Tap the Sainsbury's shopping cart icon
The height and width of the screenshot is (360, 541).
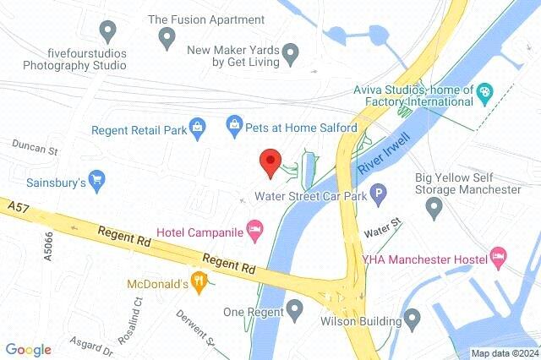(x=97, y=179)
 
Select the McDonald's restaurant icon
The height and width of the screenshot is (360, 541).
(x=199, y=281)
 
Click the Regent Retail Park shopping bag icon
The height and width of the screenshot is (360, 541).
(x=197, y=128)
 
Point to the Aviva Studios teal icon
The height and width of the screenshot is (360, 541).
(x=485, y=92)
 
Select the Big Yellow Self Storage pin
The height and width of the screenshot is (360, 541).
(x=434, y=205)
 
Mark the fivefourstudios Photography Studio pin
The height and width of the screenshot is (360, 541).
(x=107, y=32)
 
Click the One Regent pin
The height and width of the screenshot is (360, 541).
(x=295, y=310)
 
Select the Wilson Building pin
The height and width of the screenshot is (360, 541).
(x=413, y=319)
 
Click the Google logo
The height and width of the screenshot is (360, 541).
(x=28, y=349)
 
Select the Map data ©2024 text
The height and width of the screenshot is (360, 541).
(x=504, y=353)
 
